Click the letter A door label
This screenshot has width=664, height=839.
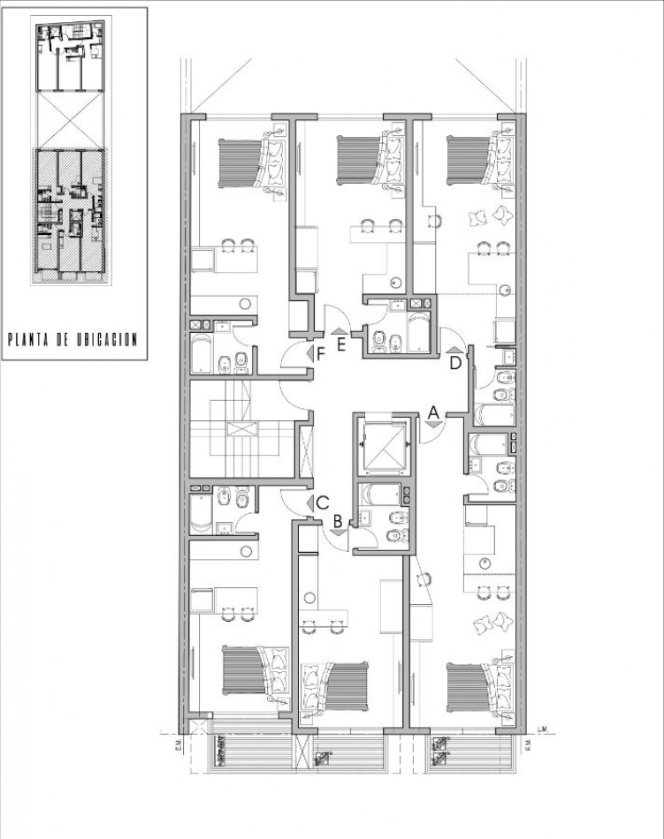point(433,411)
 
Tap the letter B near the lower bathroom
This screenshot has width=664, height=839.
point(338,521)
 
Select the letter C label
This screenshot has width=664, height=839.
point(323,503)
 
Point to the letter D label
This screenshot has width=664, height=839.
point(456,362)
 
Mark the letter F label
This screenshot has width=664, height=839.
point(321,353)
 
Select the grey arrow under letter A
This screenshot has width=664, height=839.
point(433,425)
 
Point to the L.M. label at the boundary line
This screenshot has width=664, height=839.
point(542,729)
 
